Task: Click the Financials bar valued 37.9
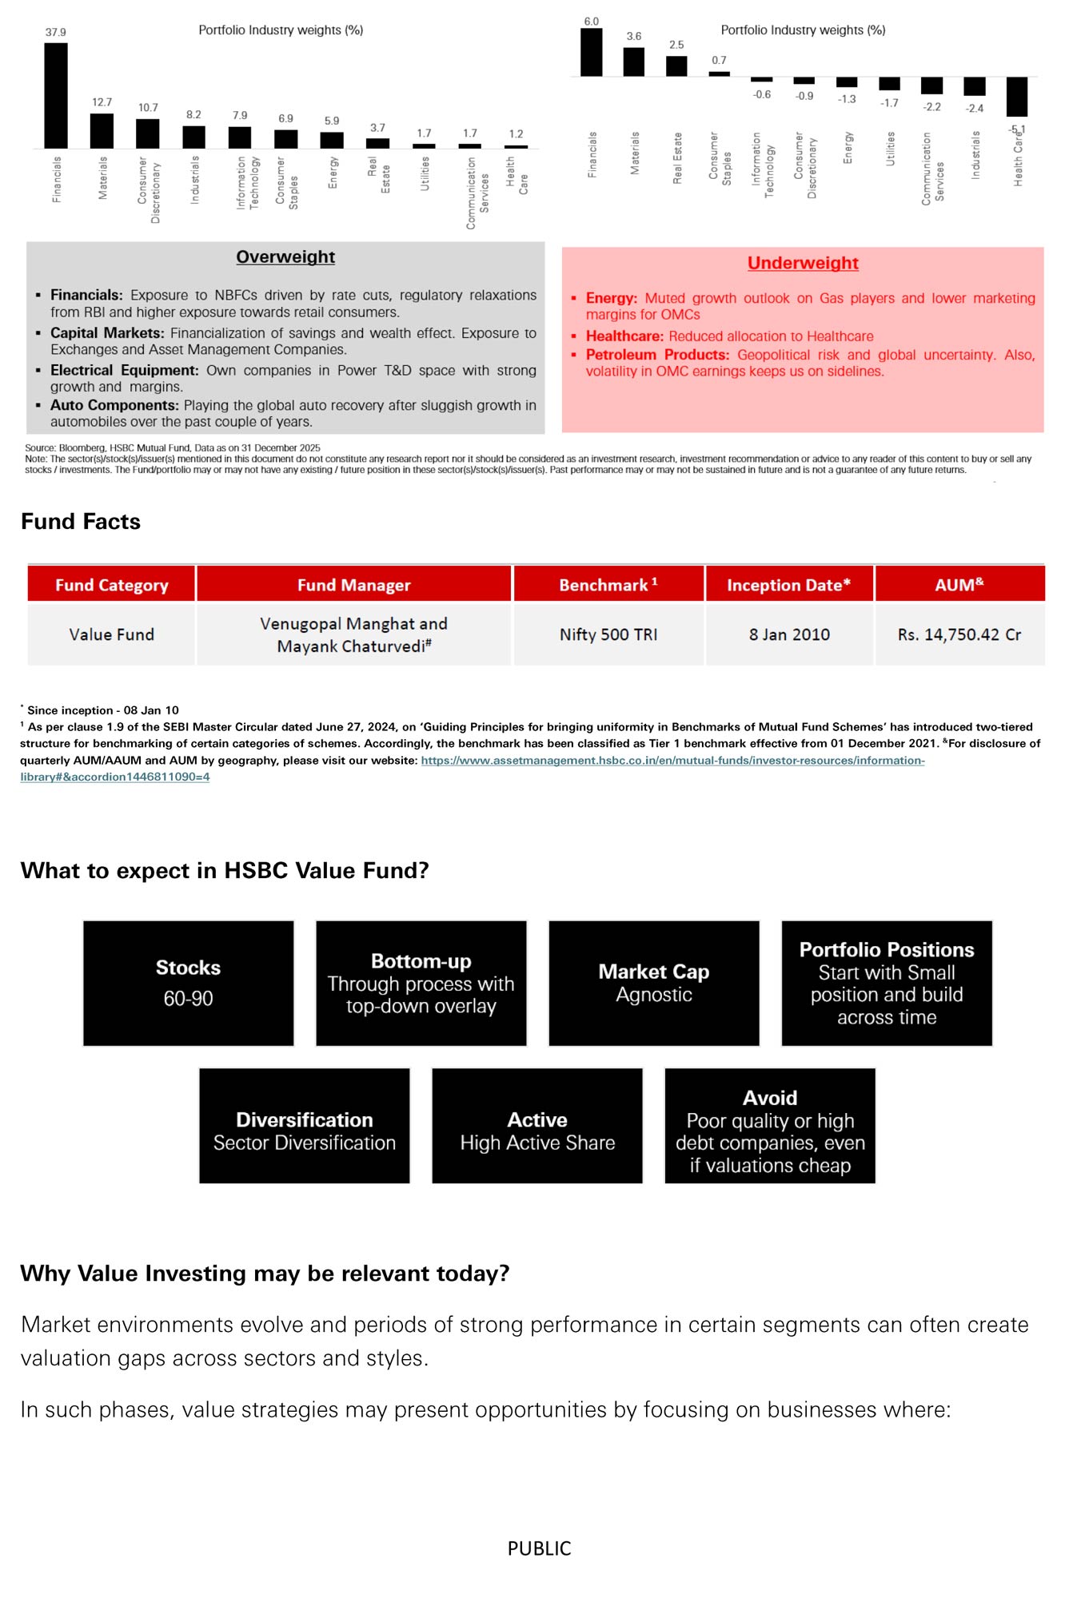[56, 95]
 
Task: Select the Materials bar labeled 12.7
[102, 130]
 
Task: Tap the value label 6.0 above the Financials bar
[591, 22]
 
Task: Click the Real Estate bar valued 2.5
[676, 66]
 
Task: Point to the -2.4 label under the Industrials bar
[974, 108]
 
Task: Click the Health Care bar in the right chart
[1016, 97]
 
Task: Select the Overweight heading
[285, 256]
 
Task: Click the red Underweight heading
[803, 263]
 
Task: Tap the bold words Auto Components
[114, 405]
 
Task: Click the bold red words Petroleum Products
[657, 355]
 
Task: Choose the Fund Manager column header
[353, 585]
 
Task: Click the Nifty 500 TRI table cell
[608, 634]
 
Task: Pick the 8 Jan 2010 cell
[789, 634]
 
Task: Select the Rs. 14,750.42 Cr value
[959, 634]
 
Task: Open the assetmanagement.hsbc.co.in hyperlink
[672, 761]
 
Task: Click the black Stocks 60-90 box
[189, 983]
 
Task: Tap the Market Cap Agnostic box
[654, 983]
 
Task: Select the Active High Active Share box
[537, 1126]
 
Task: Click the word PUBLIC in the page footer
[539, 1548]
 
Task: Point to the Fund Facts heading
[81, 522]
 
